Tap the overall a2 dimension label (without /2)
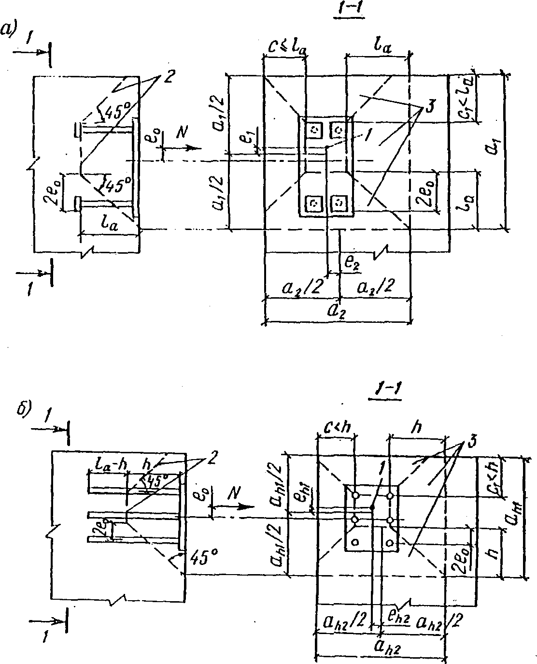336,312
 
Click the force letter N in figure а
182,133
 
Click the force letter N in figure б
233,493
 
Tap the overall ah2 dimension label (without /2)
380,646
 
